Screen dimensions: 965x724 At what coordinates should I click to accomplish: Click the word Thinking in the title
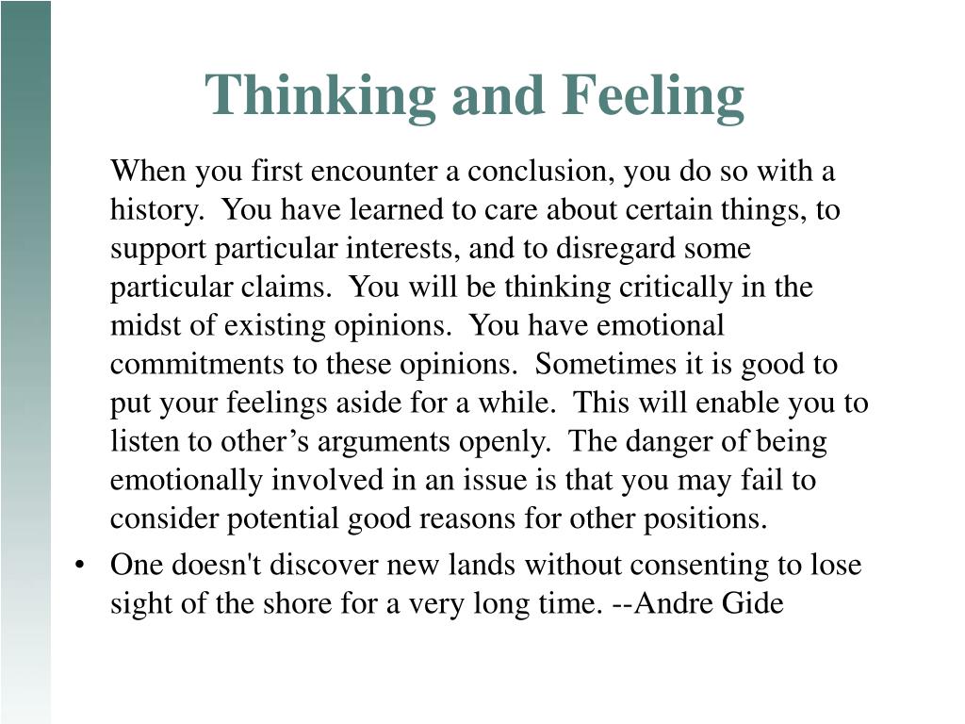[x=320, y=96]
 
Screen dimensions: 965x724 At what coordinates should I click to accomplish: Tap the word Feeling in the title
[x=652, y=96]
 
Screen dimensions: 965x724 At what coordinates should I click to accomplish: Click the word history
[x=157, y=210]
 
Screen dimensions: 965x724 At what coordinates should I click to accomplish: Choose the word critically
[x=676, y=288]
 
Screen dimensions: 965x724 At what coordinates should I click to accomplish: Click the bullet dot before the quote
[x=79, y=566]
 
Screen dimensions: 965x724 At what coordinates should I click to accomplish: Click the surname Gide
[x=753, y=603]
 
